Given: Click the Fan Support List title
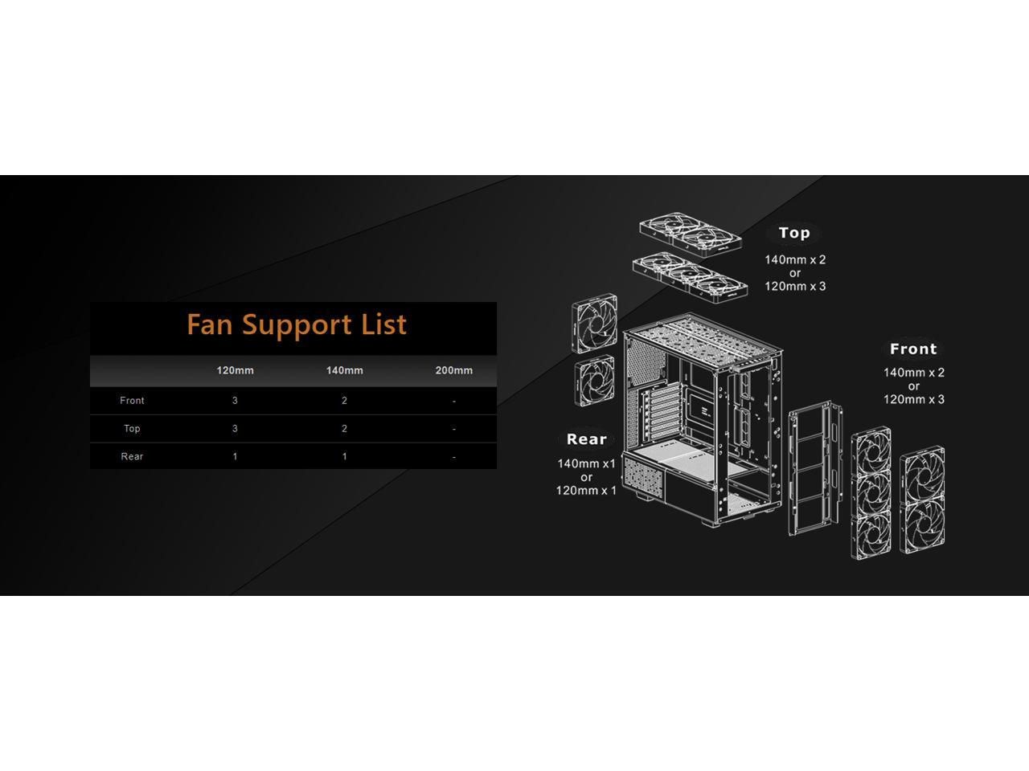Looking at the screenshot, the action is (297, 324).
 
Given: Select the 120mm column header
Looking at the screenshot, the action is (235, 370).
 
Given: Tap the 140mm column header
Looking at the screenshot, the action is (344, 370).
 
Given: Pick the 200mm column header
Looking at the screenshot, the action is (453, 370).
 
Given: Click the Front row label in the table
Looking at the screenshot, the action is (132, 400).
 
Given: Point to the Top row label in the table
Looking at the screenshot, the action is (132, 428).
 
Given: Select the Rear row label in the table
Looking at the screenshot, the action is (132, 456).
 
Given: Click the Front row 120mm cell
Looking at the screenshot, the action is (235, 400).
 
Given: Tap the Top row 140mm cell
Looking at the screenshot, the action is (344, 428).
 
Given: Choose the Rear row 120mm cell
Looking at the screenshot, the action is (235, 456).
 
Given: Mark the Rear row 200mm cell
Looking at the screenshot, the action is (453, 456).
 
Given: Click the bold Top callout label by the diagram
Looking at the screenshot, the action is (793, 233).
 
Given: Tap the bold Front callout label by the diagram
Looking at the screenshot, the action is (913, 349).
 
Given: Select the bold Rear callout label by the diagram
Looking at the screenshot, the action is (586, 439).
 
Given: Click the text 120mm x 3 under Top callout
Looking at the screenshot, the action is (794, 286).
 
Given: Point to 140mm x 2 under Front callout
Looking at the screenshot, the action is (913, 373).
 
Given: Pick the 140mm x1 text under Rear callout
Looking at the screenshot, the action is (586, 463).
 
